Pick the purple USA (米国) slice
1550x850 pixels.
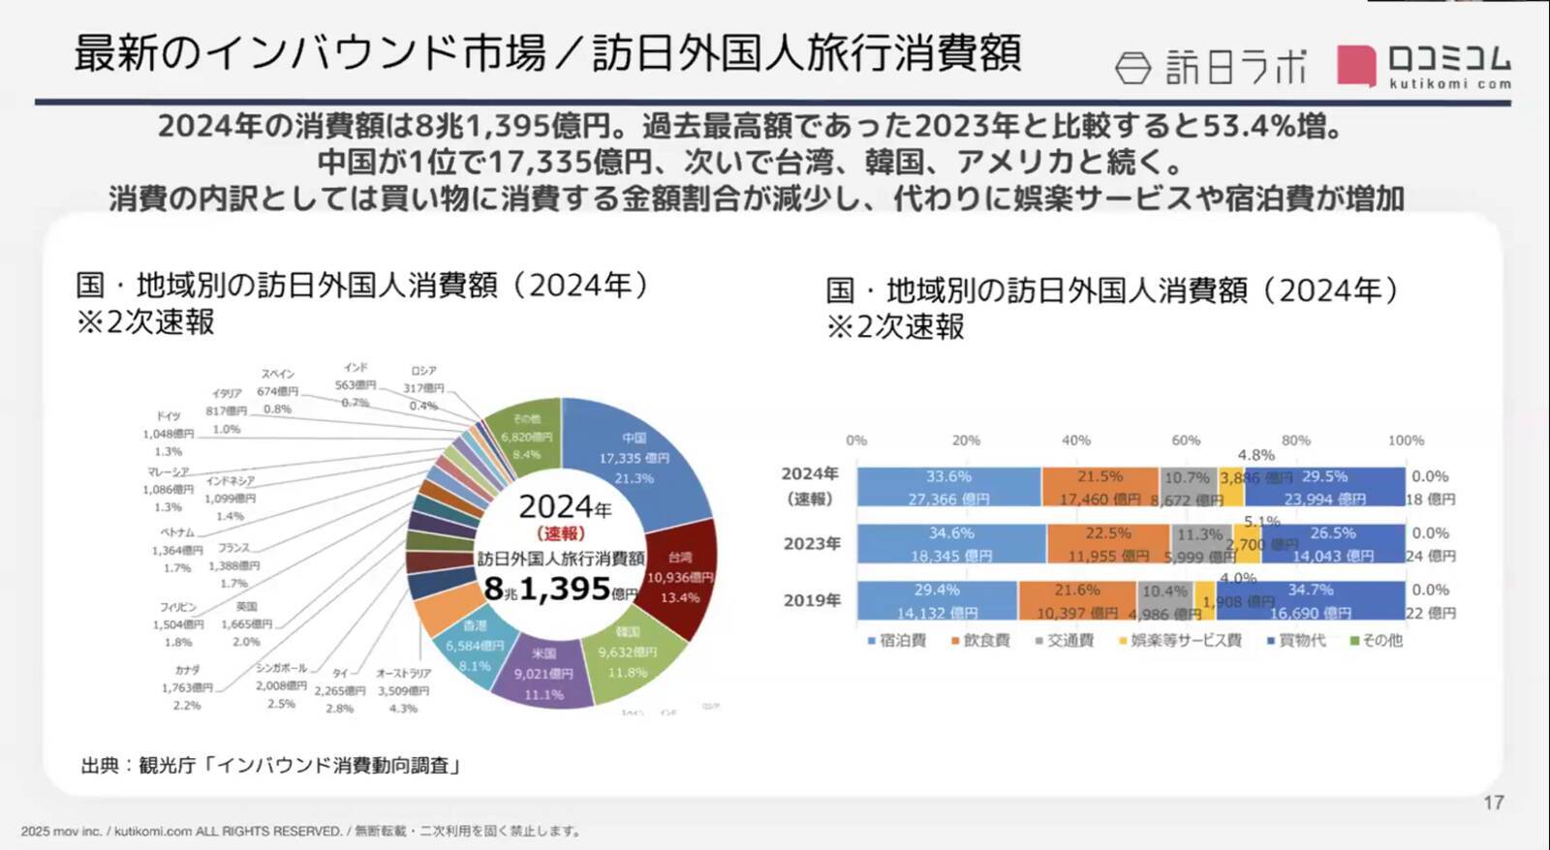click(x=543, y=673)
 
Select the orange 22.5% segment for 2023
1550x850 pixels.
click(x=1107, y=543)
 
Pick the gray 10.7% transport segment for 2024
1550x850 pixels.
click(x=1187, y=486)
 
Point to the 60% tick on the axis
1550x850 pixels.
click(x=1186, y=440)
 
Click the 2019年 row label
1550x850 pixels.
click(x=812, y=600)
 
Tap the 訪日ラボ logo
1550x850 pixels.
click(x=1211, y=67)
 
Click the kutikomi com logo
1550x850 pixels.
click(x=1424, y=66)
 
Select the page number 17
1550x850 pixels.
click(x=1493, y=803)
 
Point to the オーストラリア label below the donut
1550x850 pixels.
click(x=403, y=674)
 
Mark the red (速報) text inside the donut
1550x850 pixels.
click(x=561, y=533)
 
